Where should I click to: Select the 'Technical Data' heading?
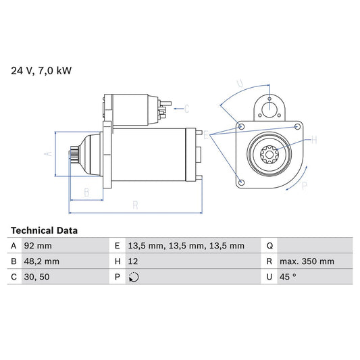click(x=44, y=230)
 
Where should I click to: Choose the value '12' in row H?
click(x=133, y=261)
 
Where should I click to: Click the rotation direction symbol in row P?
click(x=134, y=277)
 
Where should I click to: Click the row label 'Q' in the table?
click(x=270, y=246)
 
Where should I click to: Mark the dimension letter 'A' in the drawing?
click(x=47, y=153)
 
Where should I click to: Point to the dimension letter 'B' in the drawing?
click(x=86, y=192)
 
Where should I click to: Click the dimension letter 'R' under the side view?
click(x=135, y=205)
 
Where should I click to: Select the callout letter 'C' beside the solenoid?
click(x=186, y=108)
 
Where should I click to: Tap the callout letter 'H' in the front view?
click(x=314, y=140)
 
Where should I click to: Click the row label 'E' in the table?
click(x=118, y=246)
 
